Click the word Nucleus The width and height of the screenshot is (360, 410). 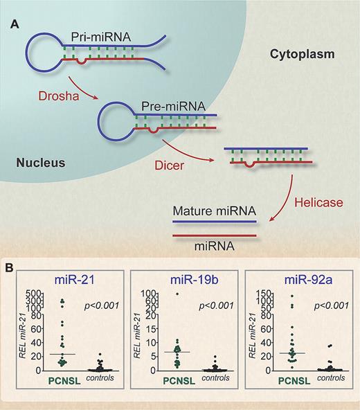click(x=35, y=163)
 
